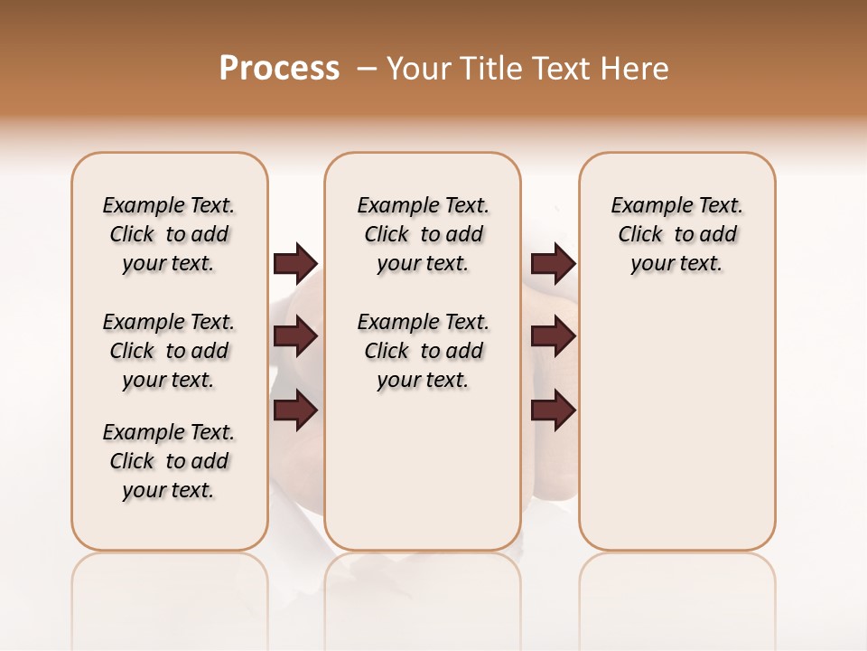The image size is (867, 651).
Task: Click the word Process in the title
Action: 279,69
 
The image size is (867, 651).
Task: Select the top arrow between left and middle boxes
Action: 295,263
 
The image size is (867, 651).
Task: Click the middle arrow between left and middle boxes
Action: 295,336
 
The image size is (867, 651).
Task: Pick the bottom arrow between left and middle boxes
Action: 295,410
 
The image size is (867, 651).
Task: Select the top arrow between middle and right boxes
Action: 554,263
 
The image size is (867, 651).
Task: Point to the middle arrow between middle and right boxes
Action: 554,336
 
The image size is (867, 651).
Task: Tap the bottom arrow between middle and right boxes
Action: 554,410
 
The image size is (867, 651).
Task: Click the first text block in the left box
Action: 169,234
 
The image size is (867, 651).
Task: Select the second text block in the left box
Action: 169,351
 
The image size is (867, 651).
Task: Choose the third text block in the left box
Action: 169,461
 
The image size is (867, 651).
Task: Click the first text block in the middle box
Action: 423,234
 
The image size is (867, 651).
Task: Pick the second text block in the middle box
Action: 423,351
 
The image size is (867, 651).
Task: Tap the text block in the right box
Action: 676,234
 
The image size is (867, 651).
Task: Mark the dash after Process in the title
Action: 366,69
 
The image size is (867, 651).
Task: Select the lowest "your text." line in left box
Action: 169,490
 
